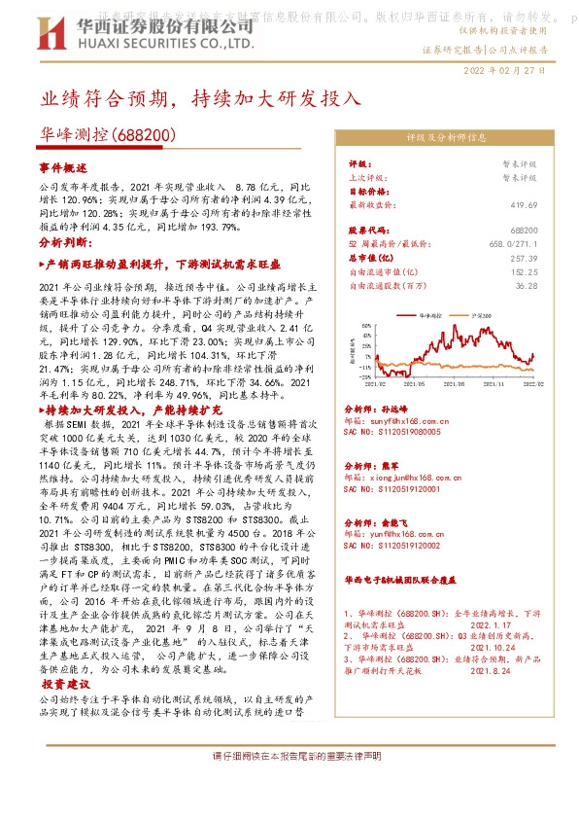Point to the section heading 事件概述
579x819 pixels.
point(63,168)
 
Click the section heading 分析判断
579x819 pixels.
point(63,241)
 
